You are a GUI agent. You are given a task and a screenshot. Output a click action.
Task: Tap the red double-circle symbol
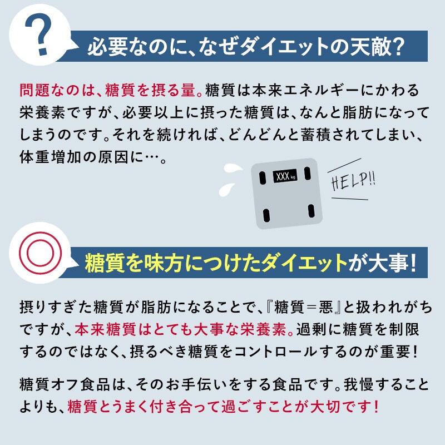point(40,253)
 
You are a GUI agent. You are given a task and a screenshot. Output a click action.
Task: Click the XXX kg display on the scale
point(285,177)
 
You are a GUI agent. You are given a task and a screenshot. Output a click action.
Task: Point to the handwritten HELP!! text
point(353,182)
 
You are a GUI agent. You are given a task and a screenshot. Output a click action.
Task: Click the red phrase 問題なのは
point(55,91)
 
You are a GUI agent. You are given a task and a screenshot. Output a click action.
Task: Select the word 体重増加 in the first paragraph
point(50,157)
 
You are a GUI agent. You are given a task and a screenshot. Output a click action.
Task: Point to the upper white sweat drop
point(232,169)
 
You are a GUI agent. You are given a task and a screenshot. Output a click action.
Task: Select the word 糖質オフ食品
point(65,384)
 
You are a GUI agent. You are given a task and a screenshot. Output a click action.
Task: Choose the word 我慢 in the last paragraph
point(359,384)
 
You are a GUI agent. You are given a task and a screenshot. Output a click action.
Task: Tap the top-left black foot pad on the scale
point(263,178)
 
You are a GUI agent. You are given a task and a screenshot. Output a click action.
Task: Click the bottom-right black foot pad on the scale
point(311,211)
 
